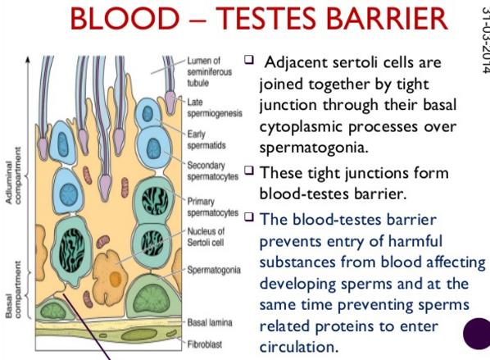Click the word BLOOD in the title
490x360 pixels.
[125, 18]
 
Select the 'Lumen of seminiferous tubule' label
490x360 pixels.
[210, 71]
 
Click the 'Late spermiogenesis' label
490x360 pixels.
[215, 107]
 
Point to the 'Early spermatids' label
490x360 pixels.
[206, 139]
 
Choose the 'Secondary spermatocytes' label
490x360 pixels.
[212, 171]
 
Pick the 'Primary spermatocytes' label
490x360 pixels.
[212, 207]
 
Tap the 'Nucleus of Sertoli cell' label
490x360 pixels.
[206, 237]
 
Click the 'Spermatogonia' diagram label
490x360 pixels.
[214, 270]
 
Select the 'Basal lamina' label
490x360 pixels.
[210, 322]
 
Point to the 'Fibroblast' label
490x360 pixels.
[204, 344]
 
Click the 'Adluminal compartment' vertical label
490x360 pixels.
[13, 175]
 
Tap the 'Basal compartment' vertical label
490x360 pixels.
[13, 289]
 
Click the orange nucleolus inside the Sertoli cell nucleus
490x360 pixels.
[116, 279]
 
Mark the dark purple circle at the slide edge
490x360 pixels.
[477, 334]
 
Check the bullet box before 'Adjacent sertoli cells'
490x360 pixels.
[249, 59]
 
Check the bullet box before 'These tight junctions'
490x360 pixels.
[249, 171]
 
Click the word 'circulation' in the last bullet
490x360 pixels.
[299, 347]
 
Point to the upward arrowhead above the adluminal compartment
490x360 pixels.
[28, 59]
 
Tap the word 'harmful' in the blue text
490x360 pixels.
[415, 241]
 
